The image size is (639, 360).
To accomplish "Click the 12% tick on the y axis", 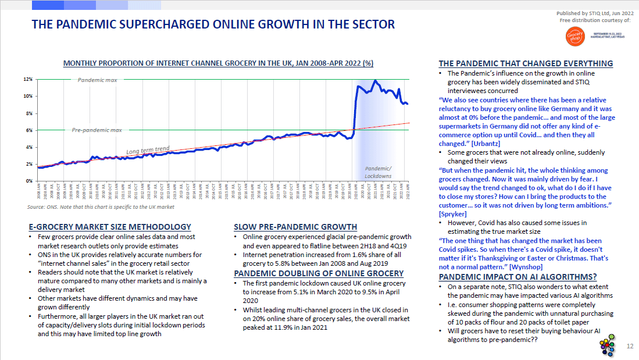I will click(x=28, y=79).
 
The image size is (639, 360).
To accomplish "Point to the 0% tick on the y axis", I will click(x=29, y=181).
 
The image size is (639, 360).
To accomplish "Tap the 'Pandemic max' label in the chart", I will click(x=98, y=80).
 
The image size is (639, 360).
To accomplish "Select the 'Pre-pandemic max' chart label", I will click(x=97, y=130).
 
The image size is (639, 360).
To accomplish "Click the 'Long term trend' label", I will click(x=148, y=149).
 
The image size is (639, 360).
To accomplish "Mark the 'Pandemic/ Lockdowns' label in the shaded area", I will click(x=378, y=172).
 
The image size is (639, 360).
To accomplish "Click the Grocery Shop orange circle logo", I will click(x=573, y=38).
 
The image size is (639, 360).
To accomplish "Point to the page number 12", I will click(x=630, y=347).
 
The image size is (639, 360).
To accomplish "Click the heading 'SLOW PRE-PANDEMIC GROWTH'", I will click(x=295, y=227).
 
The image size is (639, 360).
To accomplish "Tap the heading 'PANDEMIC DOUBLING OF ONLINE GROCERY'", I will click(x=319, y=273).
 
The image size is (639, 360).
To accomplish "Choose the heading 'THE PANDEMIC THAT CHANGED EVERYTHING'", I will click(x=526, y=63).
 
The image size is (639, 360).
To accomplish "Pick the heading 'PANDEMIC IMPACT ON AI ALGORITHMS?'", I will click(x=517, y=277).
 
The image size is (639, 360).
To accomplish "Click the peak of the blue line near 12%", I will click(x=376, y=81).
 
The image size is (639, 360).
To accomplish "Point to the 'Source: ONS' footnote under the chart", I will click(x=101, y=207).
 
